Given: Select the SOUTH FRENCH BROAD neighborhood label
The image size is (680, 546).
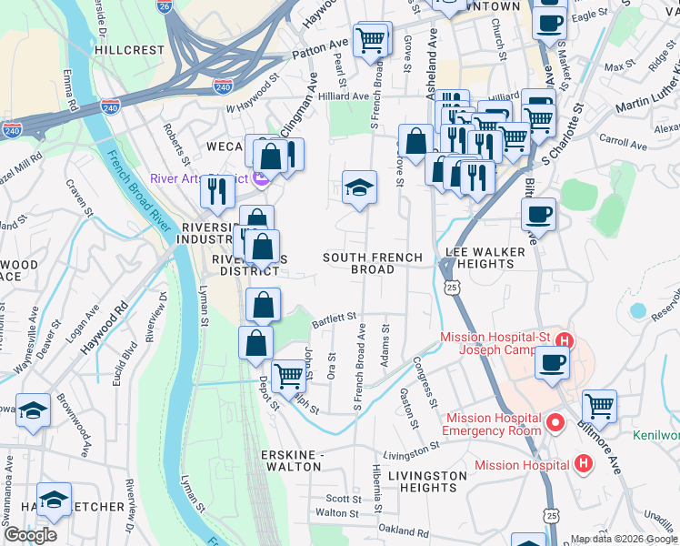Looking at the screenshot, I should coord(373,264).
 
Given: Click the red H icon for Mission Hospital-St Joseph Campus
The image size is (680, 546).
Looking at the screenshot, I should coord(564,342).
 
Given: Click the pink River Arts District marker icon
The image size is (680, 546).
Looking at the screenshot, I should coord(263,178).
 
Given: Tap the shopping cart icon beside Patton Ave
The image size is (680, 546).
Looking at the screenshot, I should coord(369,40).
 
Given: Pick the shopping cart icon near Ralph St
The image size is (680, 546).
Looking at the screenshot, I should coord(288,374).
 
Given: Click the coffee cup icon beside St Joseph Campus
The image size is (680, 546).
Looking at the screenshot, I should coord(552,362).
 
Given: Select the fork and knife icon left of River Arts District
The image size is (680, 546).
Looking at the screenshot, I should coord(216,189).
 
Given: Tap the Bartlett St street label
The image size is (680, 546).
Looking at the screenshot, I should coord(333,318).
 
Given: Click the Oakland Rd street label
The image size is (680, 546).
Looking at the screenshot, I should coord(404,531).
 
